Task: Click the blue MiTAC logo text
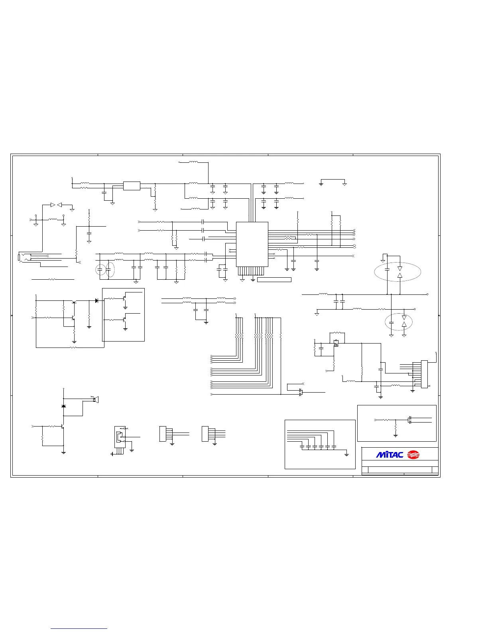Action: (390, 454)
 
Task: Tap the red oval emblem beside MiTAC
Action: (413, 454)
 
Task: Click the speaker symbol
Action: (96, 399)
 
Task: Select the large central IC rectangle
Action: (252, 244)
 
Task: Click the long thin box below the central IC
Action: (274, 280)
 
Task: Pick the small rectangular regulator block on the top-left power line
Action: (132, 186)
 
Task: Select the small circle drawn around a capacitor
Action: (101, 270)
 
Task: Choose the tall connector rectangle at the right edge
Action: (424, 374)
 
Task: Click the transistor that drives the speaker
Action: (63, 427)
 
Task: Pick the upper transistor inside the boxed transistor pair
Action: (125, 297)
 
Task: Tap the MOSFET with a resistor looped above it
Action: (336, 342)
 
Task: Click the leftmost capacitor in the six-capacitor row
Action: (302, 446)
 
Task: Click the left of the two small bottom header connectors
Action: (162, 434)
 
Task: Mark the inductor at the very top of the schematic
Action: (193, 162)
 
